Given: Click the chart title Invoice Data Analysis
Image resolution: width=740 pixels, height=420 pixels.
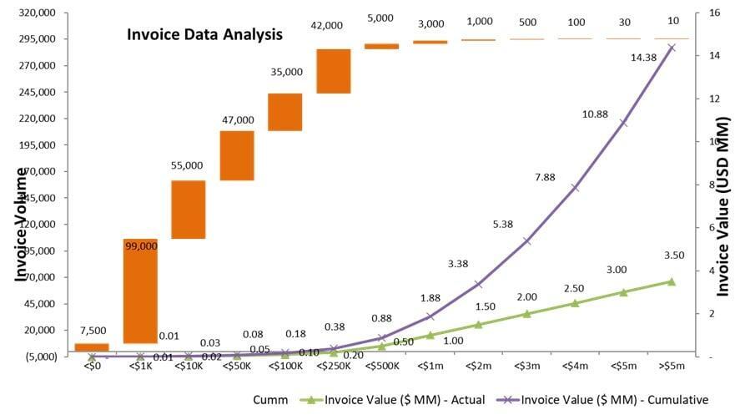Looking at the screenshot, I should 204,35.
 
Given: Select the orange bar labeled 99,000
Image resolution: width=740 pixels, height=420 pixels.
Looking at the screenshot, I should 140,291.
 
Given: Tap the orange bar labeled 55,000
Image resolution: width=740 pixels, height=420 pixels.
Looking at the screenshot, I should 189,210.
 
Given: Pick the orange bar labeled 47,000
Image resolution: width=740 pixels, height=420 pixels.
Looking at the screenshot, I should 237,155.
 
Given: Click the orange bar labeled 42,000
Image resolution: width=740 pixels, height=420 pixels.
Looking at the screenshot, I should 334,71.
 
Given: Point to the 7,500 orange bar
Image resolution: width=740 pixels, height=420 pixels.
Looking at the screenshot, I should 92,347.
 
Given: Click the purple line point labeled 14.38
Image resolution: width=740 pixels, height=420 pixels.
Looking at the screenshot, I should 672,48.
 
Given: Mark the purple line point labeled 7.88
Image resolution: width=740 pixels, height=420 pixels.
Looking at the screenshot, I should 575,187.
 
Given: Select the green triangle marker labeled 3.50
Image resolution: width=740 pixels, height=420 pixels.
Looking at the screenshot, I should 672,281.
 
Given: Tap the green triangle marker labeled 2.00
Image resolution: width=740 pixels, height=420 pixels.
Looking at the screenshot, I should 526,314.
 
